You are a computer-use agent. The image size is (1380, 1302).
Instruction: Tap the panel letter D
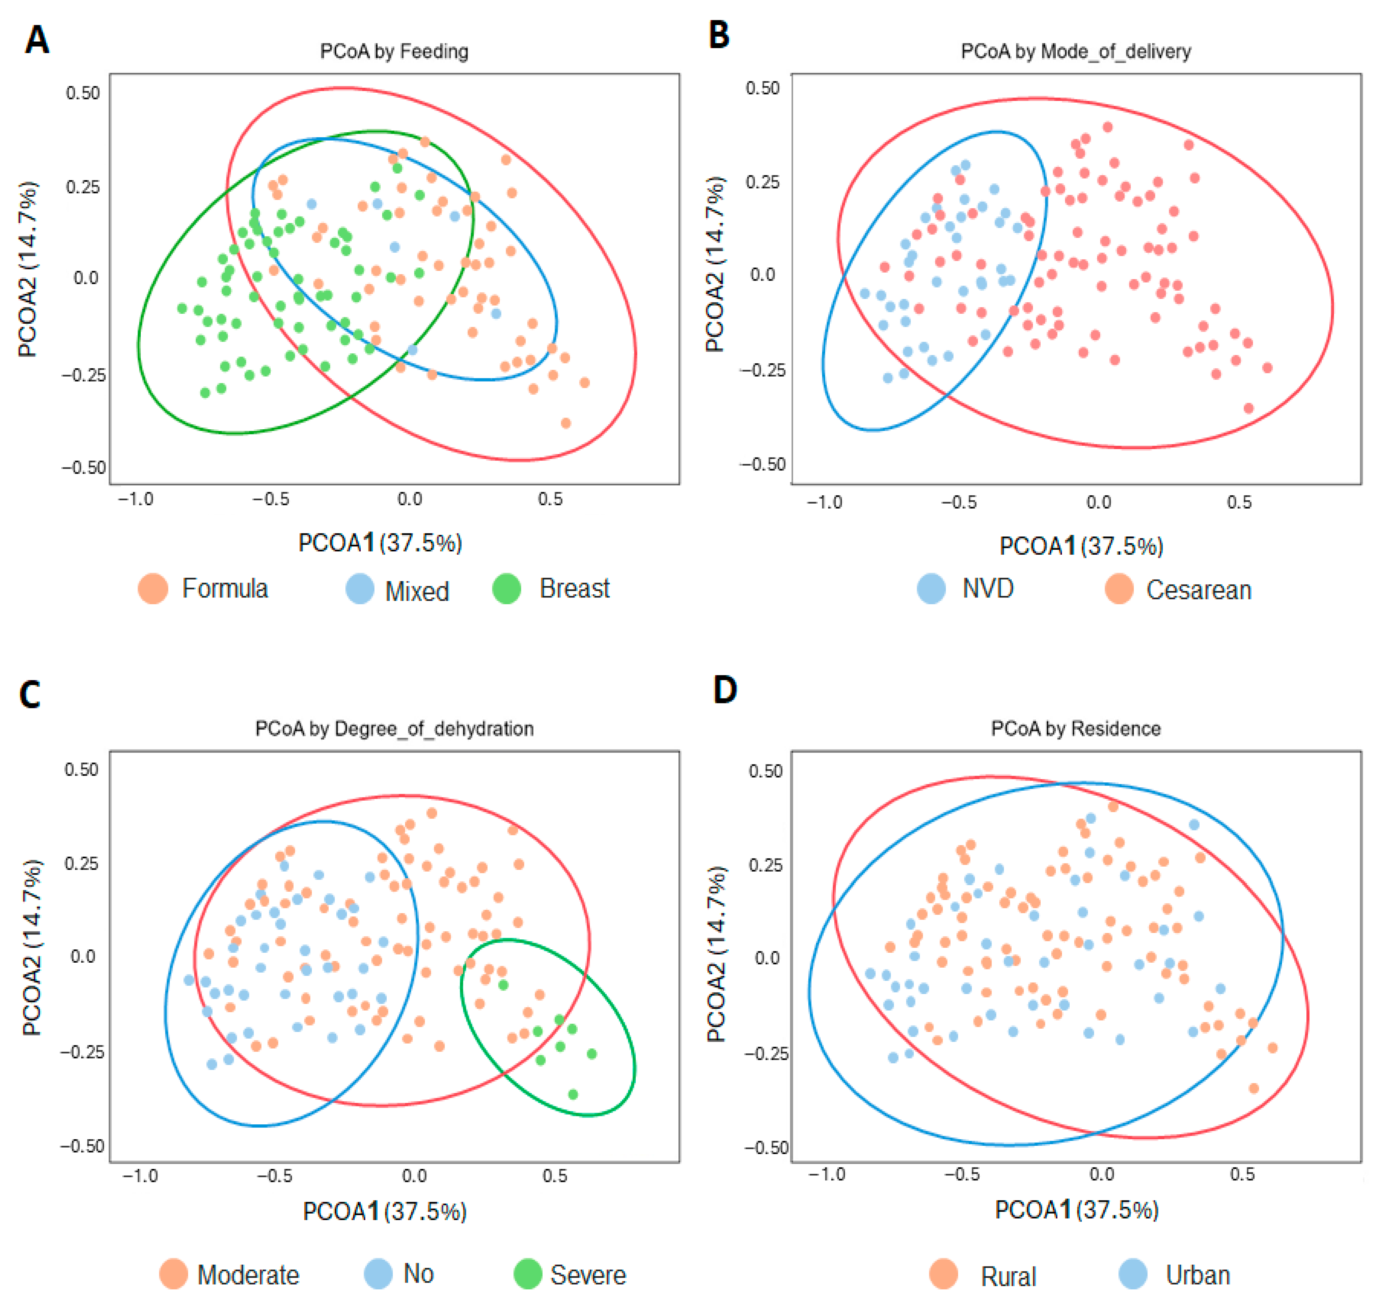(x=725, y=690)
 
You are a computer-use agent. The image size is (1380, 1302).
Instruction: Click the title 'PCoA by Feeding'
(x=394, y=51)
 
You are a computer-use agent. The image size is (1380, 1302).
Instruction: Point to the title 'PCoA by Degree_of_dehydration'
(x=394, y=729)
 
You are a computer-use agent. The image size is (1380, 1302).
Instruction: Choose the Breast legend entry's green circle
(x=507, y=589)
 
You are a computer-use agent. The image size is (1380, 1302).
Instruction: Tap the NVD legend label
(x=988, y=589)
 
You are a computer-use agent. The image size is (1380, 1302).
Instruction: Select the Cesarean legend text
(x=1199, y=590)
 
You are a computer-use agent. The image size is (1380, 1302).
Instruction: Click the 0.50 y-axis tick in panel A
(x=83, y=93)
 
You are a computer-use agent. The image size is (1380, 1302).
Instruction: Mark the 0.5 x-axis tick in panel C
(x=555, y=1176)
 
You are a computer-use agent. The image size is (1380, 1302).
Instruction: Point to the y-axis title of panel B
(x=715, y=264)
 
